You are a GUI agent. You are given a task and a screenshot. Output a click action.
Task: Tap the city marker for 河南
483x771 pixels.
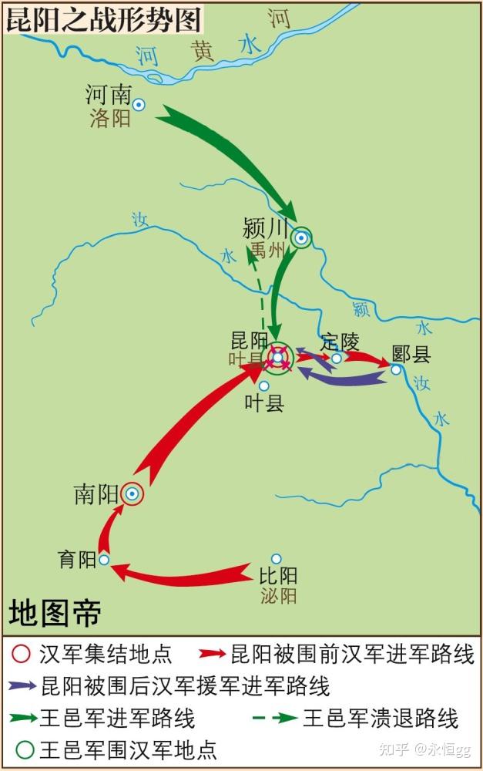tap(139, 104)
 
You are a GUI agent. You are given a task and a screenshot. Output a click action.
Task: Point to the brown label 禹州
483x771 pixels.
tap(267, 250)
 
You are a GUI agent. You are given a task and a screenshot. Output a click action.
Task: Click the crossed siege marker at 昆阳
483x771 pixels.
tap(278, 358)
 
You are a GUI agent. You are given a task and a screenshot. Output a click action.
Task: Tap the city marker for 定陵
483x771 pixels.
tap(337, 359)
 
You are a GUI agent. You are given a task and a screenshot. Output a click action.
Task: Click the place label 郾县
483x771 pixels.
tap(411, 354)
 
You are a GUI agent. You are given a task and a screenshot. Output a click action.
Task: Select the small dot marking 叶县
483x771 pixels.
tap(264, 385)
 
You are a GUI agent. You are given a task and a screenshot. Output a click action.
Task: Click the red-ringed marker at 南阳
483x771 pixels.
tap(132, 493)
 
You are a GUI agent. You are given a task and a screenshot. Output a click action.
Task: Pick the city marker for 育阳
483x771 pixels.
tap(104, 560)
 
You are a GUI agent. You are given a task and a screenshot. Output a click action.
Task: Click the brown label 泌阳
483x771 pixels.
tap(278, 595)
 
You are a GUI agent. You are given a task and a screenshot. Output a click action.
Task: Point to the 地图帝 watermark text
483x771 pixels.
tap(55, 614)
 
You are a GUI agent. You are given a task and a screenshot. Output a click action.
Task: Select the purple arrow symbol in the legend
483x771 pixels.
tap(23, 685)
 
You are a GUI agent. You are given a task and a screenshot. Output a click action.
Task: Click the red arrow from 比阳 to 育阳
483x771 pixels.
tap(185, 574)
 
